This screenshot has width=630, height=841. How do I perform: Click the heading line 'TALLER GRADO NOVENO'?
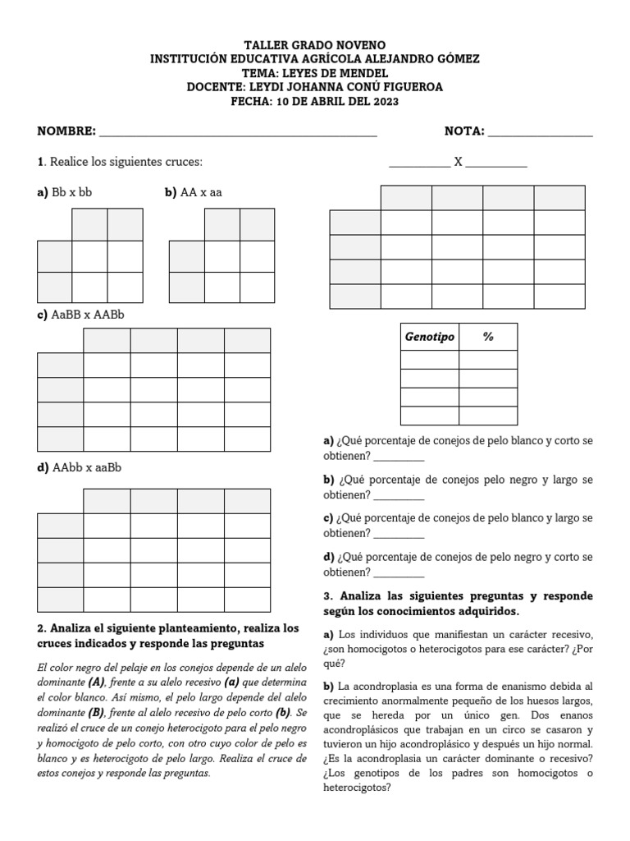coord(315,45)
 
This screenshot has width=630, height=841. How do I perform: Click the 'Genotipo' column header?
coord(430,338)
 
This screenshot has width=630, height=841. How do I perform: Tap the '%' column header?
coord(488,338)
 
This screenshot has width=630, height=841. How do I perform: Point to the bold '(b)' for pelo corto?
coord(284,714)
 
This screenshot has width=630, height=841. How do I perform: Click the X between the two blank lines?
coord(459,163)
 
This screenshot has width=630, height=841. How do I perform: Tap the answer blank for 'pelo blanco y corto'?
coord(399,457)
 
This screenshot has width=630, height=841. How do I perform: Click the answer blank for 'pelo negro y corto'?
coord(399,573)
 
